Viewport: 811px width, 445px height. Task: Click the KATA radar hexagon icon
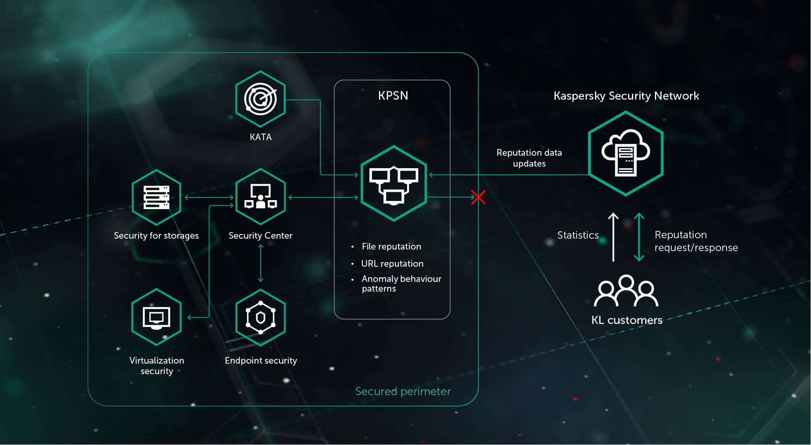pyautogui.click(x=260, y=99)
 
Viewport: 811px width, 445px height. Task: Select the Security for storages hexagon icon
pyautogui.click(x=156, y=197)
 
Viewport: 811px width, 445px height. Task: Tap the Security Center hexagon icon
pyautogui.click(x=260, y=197)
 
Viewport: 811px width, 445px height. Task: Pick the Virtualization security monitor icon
pyautogui.click(x=156, y=317)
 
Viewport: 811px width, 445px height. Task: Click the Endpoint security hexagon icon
pyautogui.click(x=260, y=317)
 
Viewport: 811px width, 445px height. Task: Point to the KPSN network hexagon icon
pyautogui.click(x=393, y=183)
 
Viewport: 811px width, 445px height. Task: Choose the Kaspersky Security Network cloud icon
pyautogui.click(x=625, y=153)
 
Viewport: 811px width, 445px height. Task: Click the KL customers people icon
pyautogui.click(x=626, y=291)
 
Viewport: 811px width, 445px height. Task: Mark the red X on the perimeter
pyautogui.click(x=478, y=197)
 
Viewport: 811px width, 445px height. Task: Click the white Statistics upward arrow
pyautogui.click(x=613, y=237)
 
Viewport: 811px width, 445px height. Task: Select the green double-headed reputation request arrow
pyautogui.click(x=639, y=237)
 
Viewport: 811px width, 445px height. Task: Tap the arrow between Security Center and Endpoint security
pyautogui.click(x=261, y=263)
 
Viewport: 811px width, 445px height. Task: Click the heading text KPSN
pyautogui.click(x=393, y=96)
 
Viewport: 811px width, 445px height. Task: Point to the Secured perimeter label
pyautogui.click(x=403, y=391)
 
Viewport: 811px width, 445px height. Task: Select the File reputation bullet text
pyautogui.click(x=391, y=246)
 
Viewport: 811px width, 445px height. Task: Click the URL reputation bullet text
pyautogui.click(x=392, y=264)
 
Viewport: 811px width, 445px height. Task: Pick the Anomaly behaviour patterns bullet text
pyautogui.click(x=401, y=283)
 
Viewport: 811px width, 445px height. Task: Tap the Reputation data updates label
pyautogui.click(x=529, y=158)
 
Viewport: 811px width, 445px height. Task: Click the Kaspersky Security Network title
pyautogui.click(x=626, y=96)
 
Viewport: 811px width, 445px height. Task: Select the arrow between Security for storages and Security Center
pyautogui.click(x=209, y=197)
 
